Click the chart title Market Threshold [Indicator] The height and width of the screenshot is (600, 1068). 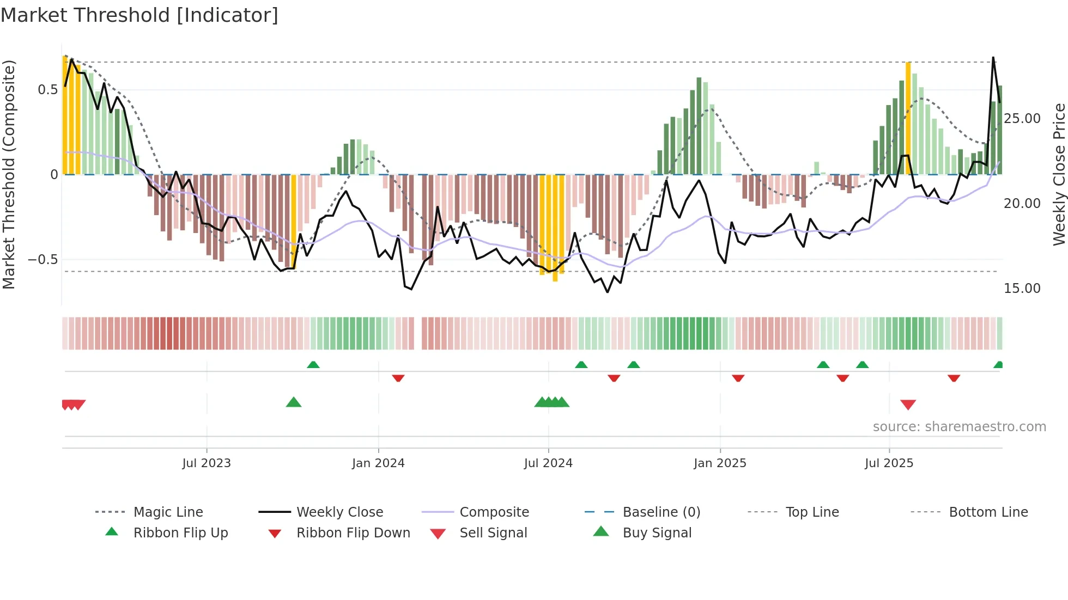[139, 15]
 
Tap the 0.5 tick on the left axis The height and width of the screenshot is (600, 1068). [48, 90]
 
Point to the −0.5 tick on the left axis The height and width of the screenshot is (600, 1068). [44, 260]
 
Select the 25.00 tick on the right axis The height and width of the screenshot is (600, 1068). [1022, 119]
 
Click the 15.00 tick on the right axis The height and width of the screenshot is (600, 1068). [1022, 289]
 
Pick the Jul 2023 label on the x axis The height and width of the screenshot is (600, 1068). [207, 463]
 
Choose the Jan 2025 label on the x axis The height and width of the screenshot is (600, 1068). [720, 463]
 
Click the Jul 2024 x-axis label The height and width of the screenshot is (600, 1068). [548, 463]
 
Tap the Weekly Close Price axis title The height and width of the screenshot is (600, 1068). [1059, 174]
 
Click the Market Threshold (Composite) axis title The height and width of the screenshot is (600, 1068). [9, 174]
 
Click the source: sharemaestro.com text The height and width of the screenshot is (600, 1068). [959, 427]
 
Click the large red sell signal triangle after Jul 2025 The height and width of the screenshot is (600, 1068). [908, 405]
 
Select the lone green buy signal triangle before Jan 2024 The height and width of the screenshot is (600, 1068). [294, 402]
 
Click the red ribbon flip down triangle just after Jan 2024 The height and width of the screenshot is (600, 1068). [398, 378]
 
